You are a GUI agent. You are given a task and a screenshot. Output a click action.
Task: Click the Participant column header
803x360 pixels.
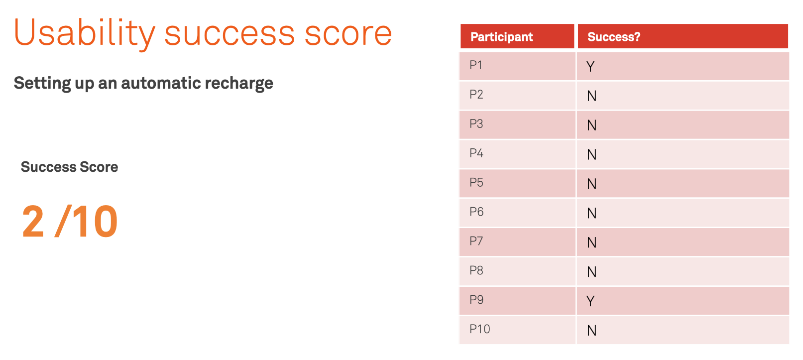point(501,37)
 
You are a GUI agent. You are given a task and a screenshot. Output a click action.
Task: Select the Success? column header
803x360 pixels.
point(614,36)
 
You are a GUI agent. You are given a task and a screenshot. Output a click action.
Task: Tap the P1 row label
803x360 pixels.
point(476,65)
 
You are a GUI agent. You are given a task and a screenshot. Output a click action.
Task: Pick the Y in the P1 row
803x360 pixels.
point(590,66)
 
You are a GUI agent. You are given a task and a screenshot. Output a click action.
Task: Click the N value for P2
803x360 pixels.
point(592,96)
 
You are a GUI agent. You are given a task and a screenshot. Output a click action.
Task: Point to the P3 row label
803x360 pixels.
point(476,123)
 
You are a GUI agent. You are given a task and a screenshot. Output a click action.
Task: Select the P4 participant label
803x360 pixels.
point(476,153)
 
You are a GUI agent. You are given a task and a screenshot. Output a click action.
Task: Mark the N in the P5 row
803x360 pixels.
point(592,184)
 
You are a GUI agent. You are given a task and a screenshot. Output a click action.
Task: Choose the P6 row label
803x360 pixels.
point(476,212)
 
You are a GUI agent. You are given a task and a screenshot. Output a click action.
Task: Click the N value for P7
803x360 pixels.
point(592,243)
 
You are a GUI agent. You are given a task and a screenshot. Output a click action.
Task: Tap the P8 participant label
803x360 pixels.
point(476,270)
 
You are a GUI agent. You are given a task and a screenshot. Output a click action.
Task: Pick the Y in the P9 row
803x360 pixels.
point(590,301)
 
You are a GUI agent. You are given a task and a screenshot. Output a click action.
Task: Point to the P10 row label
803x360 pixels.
point(479,329)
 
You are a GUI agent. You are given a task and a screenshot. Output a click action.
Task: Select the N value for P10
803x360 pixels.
point(592,331)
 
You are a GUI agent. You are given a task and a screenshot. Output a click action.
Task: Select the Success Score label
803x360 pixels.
point(70,167)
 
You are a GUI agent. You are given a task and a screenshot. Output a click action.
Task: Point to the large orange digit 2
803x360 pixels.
point(33,221)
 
